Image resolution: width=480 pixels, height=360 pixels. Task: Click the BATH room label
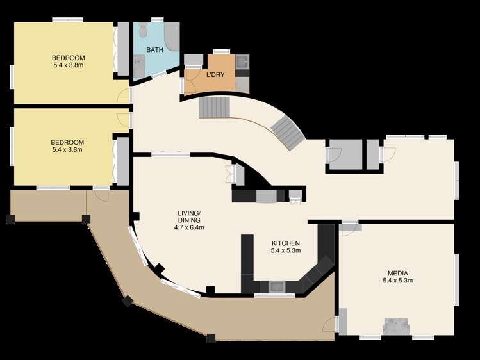pyautogui.click(x=154, y=50)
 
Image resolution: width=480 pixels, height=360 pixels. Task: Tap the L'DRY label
pyautogui.click(x=215, y=75)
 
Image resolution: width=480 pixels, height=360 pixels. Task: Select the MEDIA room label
pyautogui.click(x=398, y=273)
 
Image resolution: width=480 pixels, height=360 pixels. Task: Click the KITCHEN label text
pyautogui.click(x=286, y=243)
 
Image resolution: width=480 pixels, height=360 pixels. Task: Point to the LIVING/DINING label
pyautogui.click(x=189, y=217)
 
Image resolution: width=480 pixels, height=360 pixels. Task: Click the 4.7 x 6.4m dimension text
pyautogui.click(x=189, y=227)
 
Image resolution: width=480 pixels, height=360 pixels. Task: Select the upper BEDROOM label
pyautogui.click(x=69, y=58)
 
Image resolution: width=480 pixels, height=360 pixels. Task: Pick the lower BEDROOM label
pyautogui.click(x=67, y=142)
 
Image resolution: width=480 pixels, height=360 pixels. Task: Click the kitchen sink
pyautogui.click(x=277, y=287)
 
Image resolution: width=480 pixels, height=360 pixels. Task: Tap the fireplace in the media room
pyautogui.click(x=396, y=327)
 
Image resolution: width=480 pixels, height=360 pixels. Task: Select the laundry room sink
pyautogui.click(x=242, y=61)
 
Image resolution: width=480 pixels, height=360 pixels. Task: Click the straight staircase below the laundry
pyautogui.click(x=214, y=108)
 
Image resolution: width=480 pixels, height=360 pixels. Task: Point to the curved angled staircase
pyautogui.click(x=288, y=133)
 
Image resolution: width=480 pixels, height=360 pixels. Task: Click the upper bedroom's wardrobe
pyautogui.click(x=123, y=49)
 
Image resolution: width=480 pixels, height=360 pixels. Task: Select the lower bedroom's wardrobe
pyautogui.click(x=123, y=161)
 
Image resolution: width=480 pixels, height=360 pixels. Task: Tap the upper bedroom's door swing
pyautogui.click(x=124, y=95)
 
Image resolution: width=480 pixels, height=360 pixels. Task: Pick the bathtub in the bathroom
pyautogui.click(x=172, y=37)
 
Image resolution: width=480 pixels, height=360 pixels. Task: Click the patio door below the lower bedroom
pyautogui.click(x=101, y=195)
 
